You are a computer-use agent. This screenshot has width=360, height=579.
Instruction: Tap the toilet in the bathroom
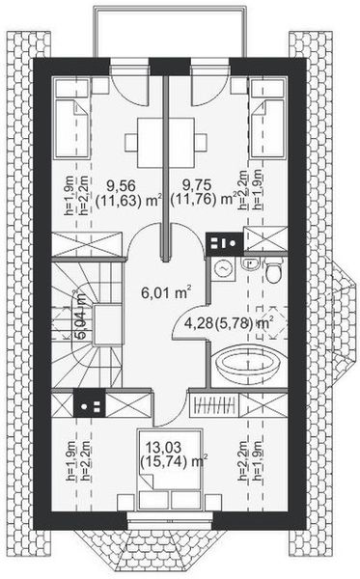point(273,274)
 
